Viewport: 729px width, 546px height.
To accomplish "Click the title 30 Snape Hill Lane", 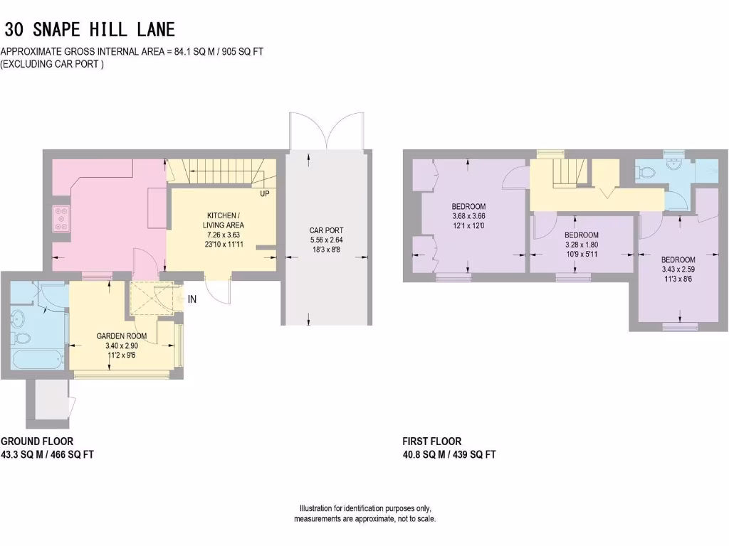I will pyautogui.click(x=90, y=30).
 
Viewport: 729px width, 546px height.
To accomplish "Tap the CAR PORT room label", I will pyautogui.click(x=326, y=230).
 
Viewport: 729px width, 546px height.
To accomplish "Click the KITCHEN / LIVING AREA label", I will pyautogui.click(x=224, y=220).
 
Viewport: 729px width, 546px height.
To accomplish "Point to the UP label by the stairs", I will pyautogui.click(x=265, y=193).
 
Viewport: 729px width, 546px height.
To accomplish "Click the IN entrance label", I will pyautogui.click(x=192, y=299).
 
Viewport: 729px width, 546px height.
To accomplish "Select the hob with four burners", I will pyautogui.click(x=60, y=218).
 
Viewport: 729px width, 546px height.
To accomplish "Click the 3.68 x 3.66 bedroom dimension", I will pyautogui.click(x=468, y=216).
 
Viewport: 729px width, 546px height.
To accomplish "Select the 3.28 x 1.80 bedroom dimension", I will pyautogui.click(x=581, y=245).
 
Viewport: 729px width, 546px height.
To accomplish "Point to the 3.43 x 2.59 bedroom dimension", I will pyautogui.click(x=678, y=269).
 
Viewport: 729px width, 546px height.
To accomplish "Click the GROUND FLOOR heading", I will pyautogui.click(x=36, y=441).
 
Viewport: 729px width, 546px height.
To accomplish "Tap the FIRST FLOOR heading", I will pyautogui.click(x=431, y=441).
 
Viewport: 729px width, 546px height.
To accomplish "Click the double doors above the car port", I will pyautogui.click(x=327, y=131).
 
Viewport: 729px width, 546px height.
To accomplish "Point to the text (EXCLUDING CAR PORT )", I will pyautogui.click(x=53, y=64).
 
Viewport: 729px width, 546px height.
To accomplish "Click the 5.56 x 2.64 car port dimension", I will pyautogui.click(x=326, y=240).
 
